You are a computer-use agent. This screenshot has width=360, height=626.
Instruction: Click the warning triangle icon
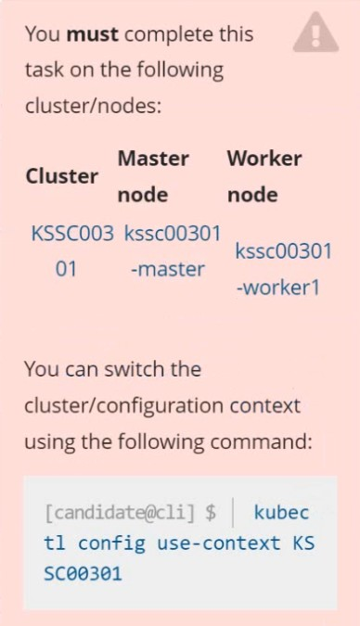click(315, 32)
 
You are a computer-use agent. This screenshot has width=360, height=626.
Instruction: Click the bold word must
click(92, 34)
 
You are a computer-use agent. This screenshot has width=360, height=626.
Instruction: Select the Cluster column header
click(62, 176)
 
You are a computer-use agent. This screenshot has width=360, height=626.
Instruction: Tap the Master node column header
click(153, 176)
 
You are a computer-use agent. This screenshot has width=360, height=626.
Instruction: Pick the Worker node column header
click(264, 176)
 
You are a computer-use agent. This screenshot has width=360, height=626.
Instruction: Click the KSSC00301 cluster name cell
click(72, 251)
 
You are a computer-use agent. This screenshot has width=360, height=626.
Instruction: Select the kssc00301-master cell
click(173, 251)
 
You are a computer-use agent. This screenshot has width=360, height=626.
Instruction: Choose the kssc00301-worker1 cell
click(283, 269)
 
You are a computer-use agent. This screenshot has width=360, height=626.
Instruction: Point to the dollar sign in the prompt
click(211, 513)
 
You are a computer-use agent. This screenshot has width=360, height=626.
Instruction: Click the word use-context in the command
click(219, 543)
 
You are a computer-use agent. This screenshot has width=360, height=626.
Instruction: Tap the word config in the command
click(111, 543)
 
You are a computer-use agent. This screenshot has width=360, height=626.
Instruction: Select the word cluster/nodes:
click(93, 107)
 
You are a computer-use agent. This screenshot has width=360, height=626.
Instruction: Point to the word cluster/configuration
click(123, 406)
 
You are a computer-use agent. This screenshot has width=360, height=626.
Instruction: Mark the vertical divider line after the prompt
click(233, 512)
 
